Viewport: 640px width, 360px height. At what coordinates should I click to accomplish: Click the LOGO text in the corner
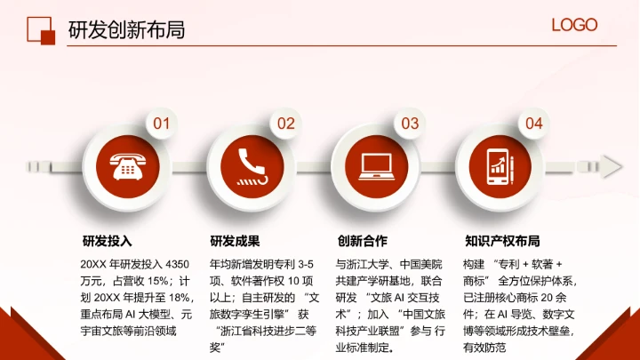point(574,26)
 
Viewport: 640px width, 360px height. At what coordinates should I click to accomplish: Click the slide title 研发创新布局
point(126,30)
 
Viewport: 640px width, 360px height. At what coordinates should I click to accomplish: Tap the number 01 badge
point(161,124)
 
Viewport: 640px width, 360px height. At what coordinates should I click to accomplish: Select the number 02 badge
point(285,124)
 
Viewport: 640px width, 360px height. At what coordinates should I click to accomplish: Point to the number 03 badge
point(410,124)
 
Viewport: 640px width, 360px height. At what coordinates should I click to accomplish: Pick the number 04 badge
point(534,124)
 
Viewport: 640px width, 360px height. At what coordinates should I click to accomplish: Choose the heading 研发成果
point(235,241)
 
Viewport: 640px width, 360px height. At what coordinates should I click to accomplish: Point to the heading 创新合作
point(362,241)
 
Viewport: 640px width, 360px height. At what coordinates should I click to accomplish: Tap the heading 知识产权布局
point(502,241)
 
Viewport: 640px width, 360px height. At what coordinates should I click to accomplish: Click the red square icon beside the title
point(41,29)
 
